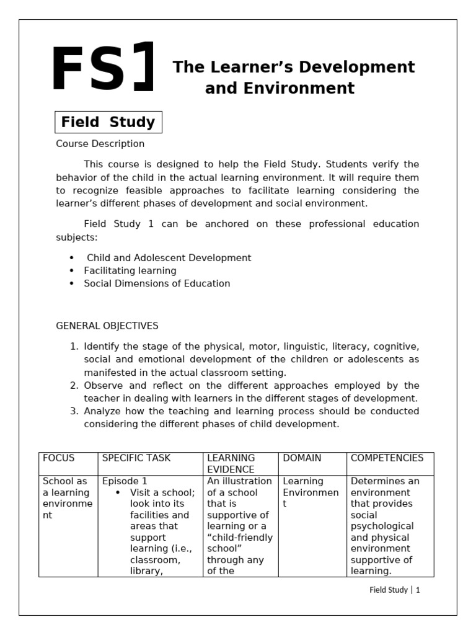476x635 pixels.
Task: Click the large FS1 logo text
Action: (x=102, y=70)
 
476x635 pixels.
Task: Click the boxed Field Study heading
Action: (x=108, y=122)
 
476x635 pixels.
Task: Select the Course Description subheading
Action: (x=100, y=144)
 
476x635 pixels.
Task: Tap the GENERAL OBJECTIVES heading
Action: (x=107, y=326)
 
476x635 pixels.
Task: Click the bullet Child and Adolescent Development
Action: (x=169, y=257)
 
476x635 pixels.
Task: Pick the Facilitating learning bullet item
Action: (x=130, y=270)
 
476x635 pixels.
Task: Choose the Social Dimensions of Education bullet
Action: (x=157, y=283)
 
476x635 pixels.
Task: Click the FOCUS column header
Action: (x=58, y=458)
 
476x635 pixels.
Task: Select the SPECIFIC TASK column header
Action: (x=136, y=458)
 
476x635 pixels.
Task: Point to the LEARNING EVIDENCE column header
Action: (x=231, y=464)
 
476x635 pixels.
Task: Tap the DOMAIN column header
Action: (x=302, y=458)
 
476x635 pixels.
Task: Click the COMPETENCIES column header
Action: (x=387, y=458)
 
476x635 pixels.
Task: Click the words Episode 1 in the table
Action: (x=125, y=481)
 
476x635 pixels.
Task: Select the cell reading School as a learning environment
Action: (x=68, y=498)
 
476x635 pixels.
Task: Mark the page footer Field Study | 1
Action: (x=395, y=590)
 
